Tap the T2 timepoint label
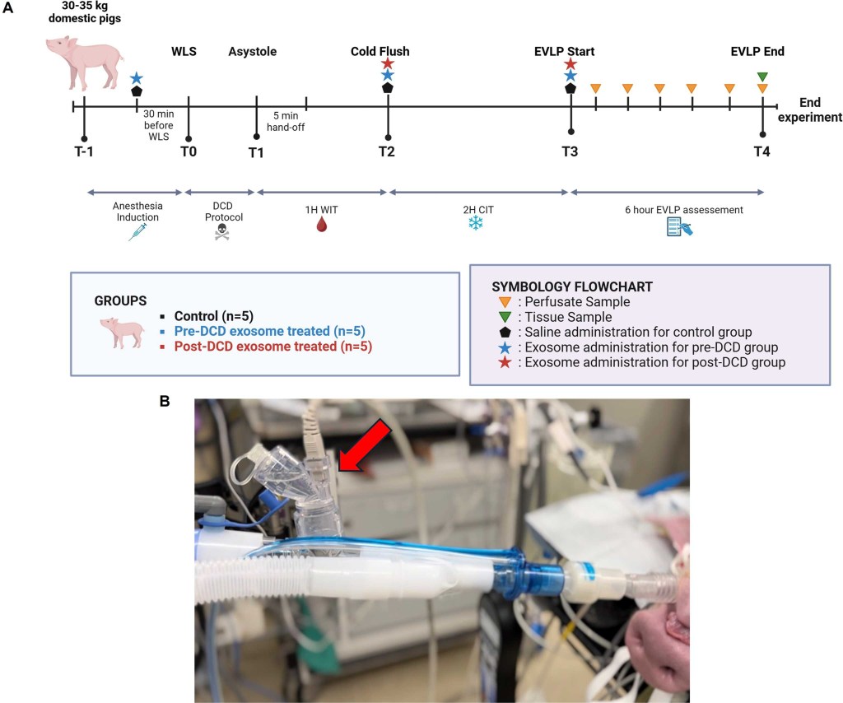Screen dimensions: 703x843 [387, 152]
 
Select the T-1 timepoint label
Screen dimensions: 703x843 [85, 152]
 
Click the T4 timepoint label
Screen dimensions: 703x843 [763, 152]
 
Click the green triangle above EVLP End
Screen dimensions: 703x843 [762, 77]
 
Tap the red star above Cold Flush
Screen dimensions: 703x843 [388, 63]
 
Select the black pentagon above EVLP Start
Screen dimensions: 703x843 [570, 87]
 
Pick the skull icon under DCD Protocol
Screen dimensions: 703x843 [221, 232]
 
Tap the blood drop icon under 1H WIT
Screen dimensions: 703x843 [322, 224]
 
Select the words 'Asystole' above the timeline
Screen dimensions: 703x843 [252, 52]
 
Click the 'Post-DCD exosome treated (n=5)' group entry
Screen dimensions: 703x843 [272, 347]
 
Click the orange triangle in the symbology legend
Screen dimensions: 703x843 [505, 302]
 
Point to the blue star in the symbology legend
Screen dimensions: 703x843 [505, 347]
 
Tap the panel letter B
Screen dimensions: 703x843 [165, 401]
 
